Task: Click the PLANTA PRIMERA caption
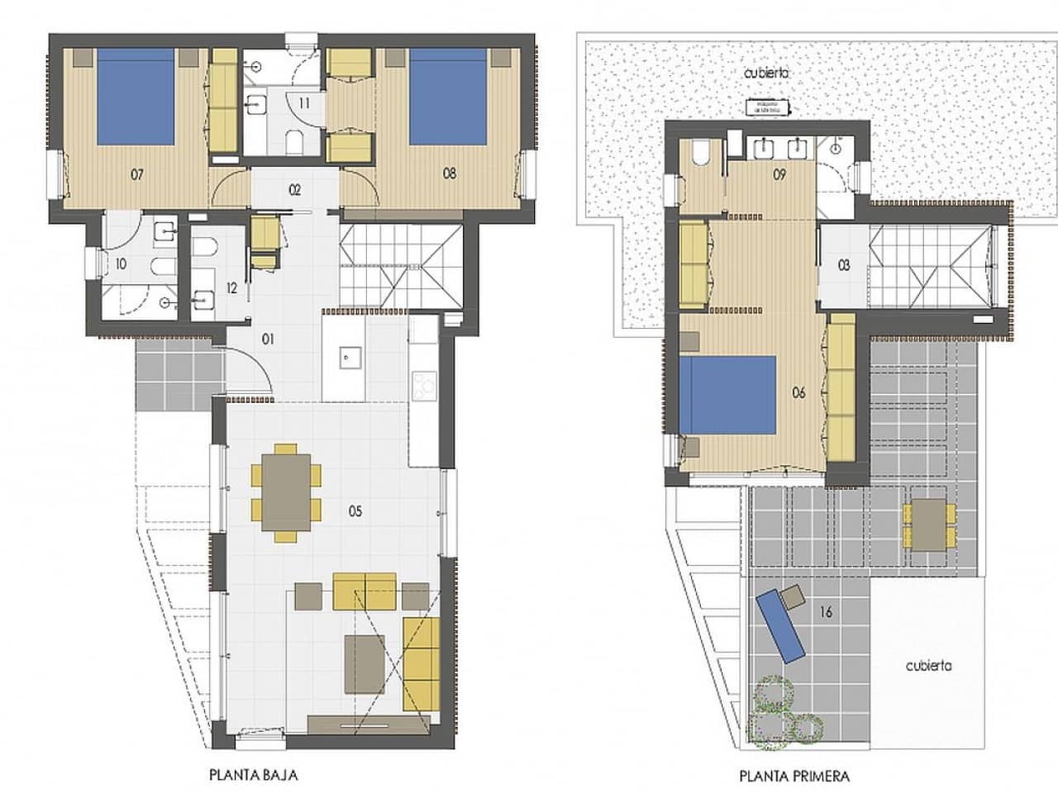[x=795, y=776]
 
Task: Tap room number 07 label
[x=138, y=174]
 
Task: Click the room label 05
[x=355, y=511]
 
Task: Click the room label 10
[x=121, y=264]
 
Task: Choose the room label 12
[x=231, y=288]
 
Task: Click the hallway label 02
[x=294, y=189]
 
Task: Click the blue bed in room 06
[x=728, y=395]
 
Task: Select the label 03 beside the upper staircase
[x=844, y=267]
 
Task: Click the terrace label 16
[x=826, y=612]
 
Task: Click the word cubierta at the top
[x=766, y=73]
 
